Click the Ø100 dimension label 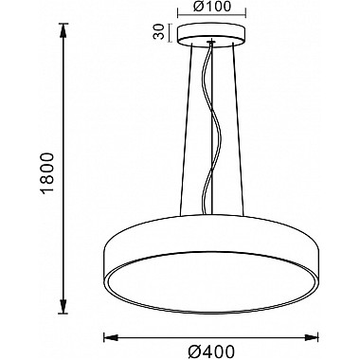[x=212, y=7]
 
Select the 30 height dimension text [x=159, y=32]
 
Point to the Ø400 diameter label [x=211, y=351]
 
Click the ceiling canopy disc [x=211, y=36]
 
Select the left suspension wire [x=186, y=130]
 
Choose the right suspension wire [x=238, y=130]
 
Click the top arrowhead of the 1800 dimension [x=63, y=30]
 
